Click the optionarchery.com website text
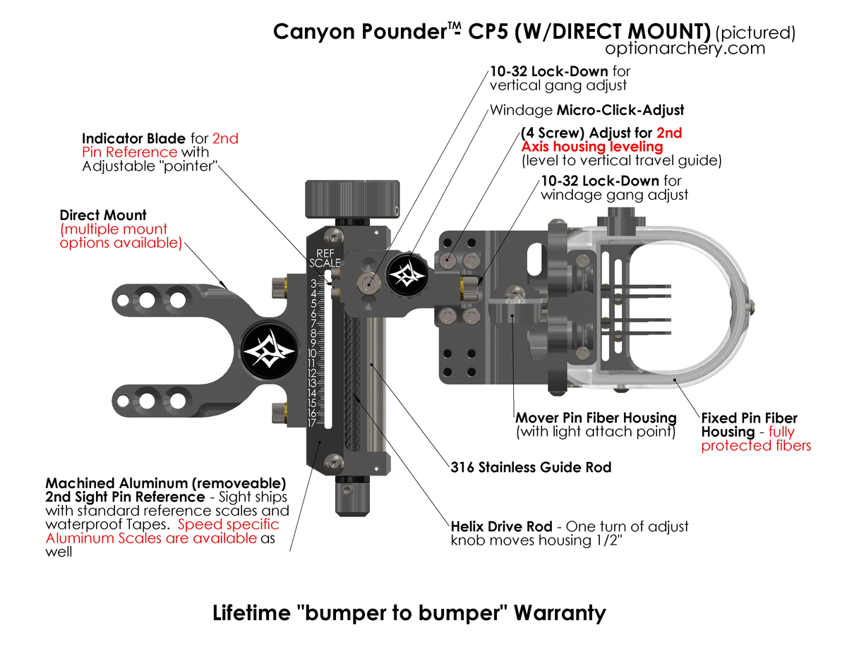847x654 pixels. click(685, 48)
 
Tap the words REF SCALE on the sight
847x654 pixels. click(325, 258)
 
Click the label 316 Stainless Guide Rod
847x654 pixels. click(531, 467)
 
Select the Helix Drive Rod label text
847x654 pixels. click(501, 527)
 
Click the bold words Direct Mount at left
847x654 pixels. click(103, 214)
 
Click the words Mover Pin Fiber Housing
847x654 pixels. click(596, 418)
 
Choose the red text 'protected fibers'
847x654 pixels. click(756, 445)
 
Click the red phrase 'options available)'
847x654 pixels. click(120, 243)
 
